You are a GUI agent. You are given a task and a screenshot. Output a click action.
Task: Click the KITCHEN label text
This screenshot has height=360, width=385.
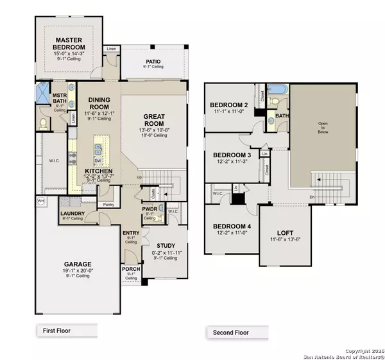[99, 171]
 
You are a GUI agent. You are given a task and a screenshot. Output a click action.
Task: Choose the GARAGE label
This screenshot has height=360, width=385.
[77, 264]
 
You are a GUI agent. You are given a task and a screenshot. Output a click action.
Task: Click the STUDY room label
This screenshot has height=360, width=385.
[165, 245]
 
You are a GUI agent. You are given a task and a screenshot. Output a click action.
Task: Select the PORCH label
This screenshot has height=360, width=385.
[132, 269]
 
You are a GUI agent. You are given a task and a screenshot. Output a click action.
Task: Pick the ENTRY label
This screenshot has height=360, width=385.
[131, 232]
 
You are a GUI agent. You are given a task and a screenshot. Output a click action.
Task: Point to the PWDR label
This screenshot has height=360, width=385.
[149, 210]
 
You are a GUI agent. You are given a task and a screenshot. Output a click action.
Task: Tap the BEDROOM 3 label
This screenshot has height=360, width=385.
[231, 155]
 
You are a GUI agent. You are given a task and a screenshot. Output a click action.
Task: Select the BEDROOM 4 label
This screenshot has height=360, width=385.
[232, 227]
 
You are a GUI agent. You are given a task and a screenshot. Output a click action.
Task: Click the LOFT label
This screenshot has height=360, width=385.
[286, 233]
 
